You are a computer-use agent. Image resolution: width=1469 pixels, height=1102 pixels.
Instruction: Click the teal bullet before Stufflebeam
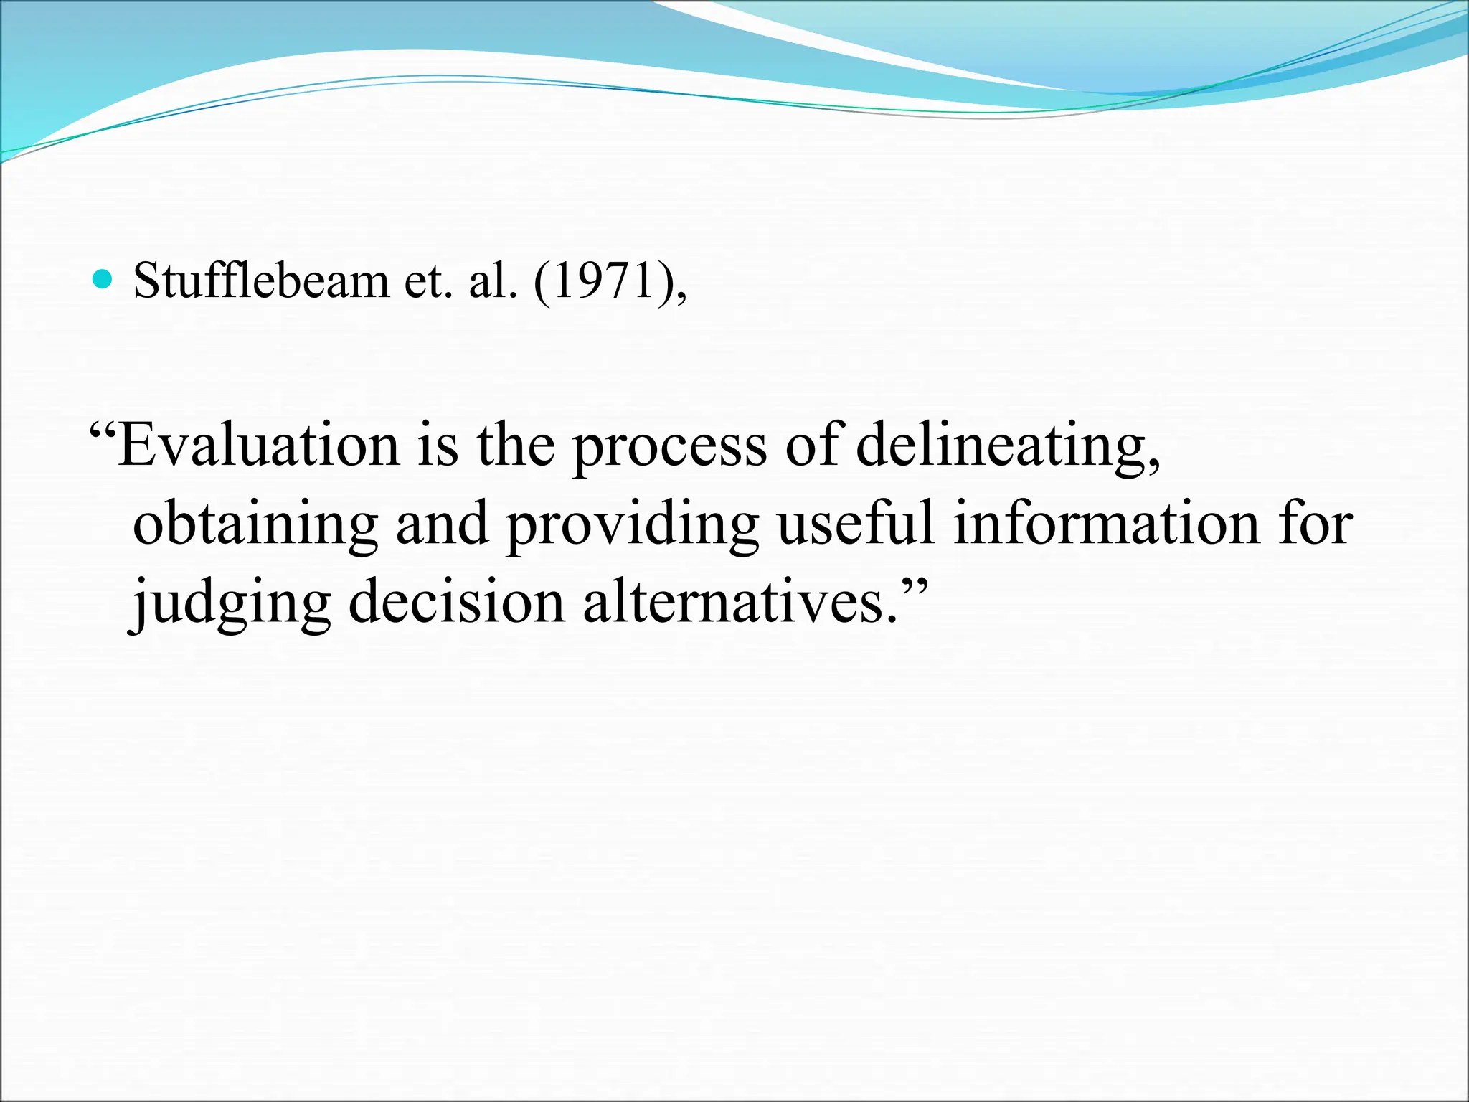(103, 279)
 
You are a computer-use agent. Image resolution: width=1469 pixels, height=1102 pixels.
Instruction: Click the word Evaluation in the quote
(258, 445)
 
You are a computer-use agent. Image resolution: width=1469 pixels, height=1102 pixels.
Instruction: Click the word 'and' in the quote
(442, 523)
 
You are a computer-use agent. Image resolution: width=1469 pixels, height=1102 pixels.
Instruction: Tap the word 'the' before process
(516, 445)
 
